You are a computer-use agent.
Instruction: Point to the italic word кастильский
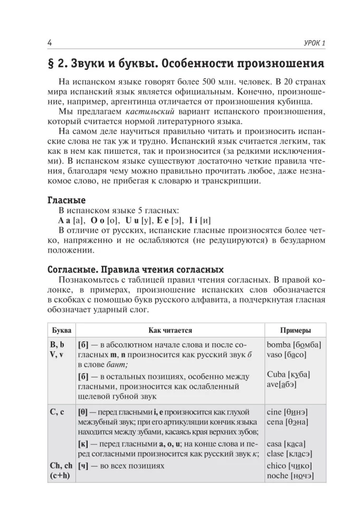tap(148, 112)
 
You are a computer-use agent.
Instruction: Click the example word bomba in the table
tap(279, 344)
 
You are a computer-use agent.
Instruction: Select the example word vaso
tap(276, 354)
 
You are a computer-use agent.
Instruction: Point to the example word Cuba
tap(277, 374)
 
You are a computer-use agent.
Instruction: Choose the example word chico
tap(277, 466)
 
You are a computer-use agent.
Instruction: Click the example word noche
tap(278, 476)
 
